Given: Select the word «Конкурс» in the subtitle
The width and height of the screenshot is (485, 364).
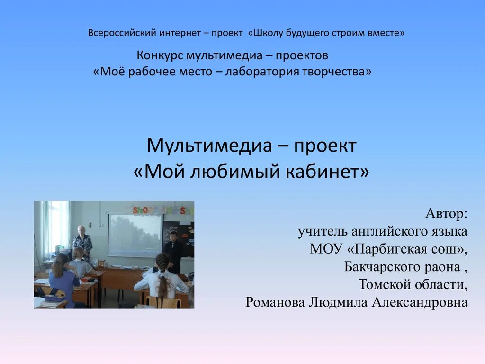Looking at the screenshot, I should (x=160, y=55).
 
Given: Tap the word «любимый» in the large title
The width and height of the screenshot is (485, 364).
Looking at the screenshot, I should (x=236, y=172).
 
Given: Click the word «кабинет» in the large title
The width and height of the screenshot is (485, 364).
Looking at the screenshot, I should (x=329, y=172).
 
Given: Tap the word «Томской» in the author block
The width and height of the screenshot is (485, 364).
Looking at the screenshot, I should (x=385, y=284).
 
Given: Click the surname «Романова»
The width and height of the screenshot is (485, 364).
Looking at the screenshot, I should (x=275, y=302).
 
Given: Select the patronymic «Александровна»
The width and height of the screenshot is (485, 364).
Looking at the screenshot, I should (x=420, y=302).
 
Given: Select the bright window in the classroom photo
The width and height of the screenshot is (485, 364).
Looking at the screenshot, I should (x=58, y=225).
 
